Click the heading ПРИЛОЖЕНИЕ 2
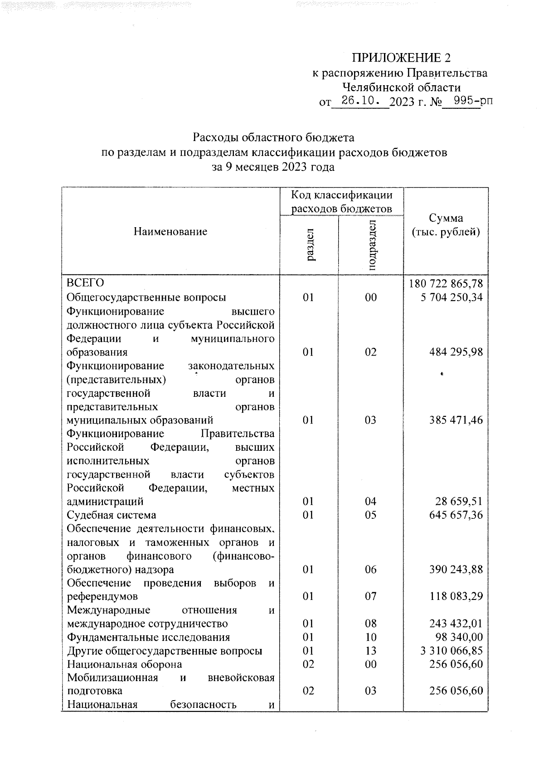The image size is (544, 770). (x=402, y=58)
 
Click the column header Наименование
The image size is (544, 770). (x=170, y=232)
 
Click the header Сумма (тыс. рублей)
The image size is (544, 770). (x=446, y=225)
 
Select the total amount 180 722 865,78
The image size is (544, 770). (x=446, y=284)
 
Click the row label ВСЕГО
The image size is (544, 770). (x=86, y=283)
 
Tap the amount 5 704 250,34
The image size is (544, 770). (x=452, y=297)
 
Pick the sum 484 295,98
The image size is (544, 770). (x=456, y=352)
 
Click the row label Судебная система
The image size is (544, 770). (x=112, y=515)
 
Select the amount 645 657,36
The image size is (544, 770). (x=456, y=515)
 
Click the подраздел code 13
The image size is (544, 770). (x=371, y=651)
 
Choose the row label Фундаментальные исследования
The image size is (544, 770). (x=148, y=638)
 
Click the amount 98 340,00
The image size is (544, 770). (x=459, y=638)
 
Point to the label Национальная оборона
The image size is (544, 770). (x=124, y=664)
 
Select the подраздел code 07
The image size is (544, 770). (x=371, y=596)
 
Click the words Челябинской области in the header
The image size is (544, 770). (x=401, y=87)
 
